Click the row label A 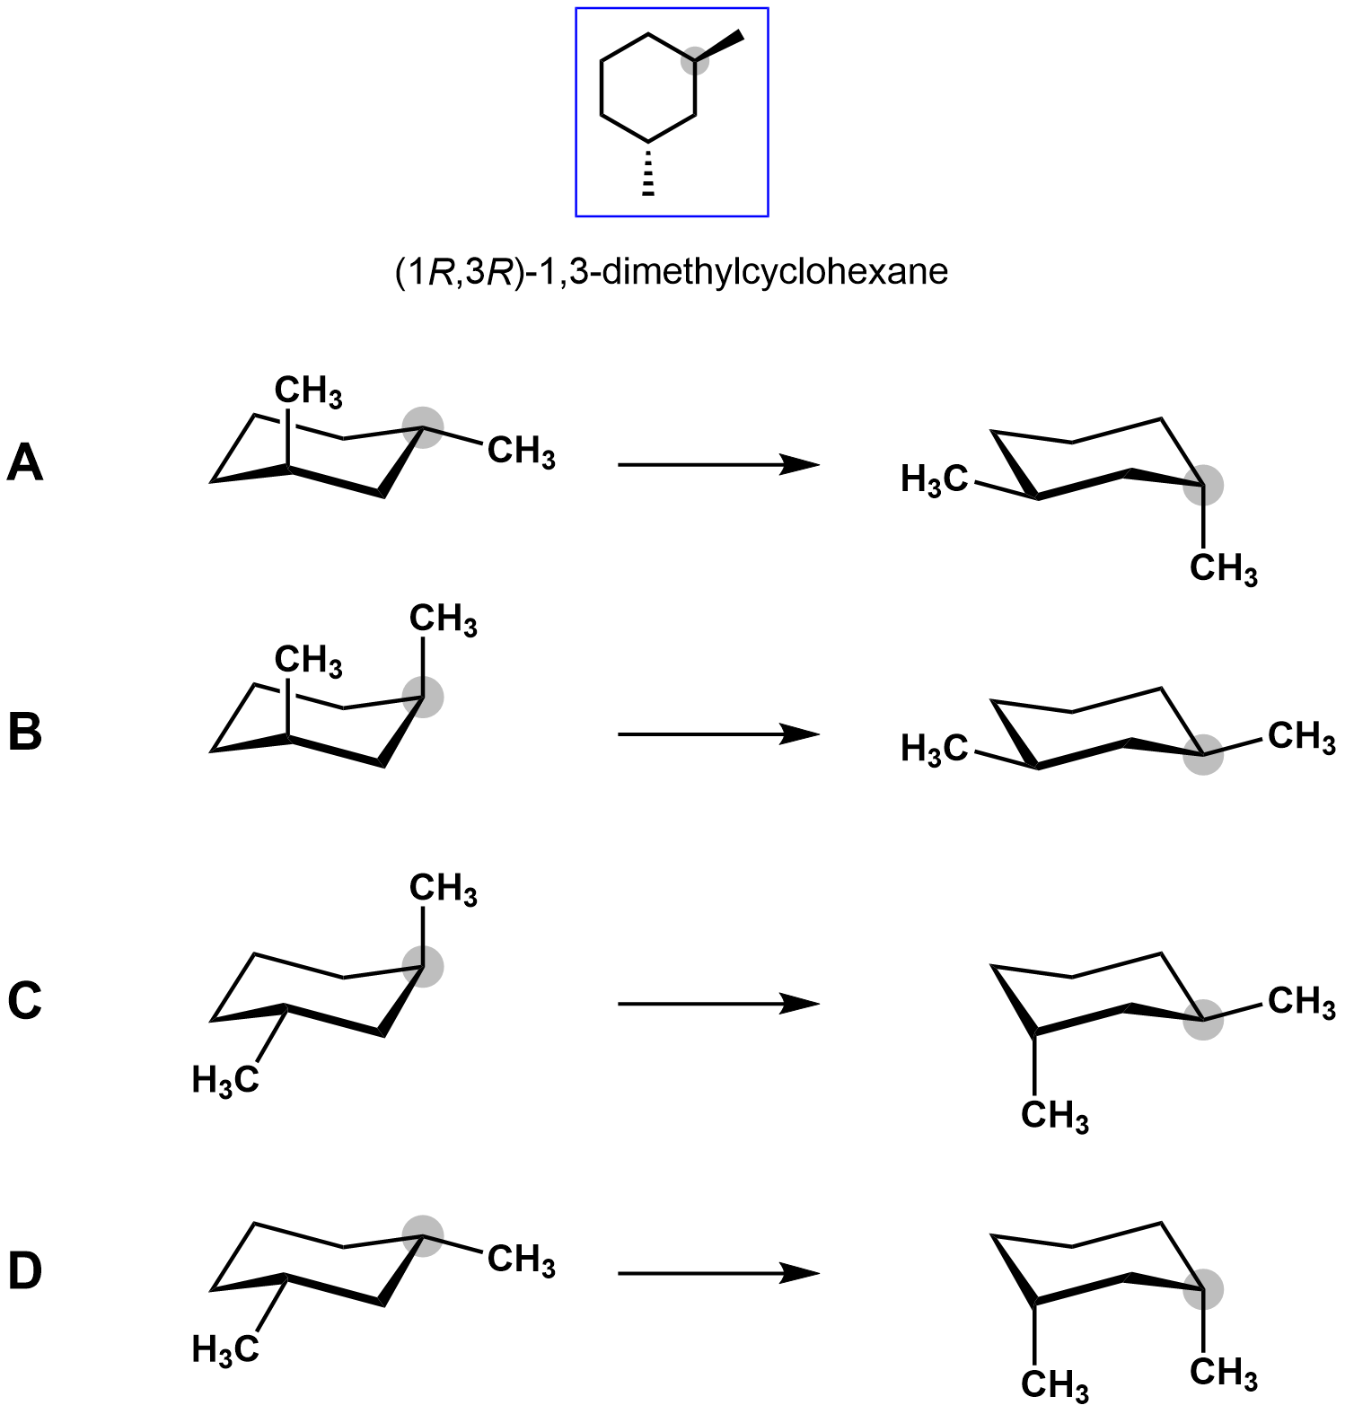(x=25, y=464)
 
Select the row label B (x=25, y=732)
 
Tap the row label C (x=25, y=1001)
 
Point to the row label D (x=25, y=1271)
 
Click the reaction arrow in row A (x=718, y=464)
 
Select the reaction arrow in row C (x=718, y=1003)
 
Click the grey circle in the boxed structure (x=695, y=62)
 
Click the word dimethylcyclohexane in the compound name (x=774, y=271)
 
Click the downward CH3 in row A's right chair (x=1223, y=569)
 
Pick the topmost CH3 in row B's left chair (x=443, y=619)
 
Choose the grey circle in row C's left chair (x=423, y=966)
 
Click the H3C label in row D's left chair (x=225, y=1348)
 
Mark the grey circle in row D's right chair (x=1203, y=1290)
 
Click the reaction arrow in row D (x=718, y=1272)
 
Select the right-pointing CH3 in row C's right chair (x=1301, y=1001)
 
